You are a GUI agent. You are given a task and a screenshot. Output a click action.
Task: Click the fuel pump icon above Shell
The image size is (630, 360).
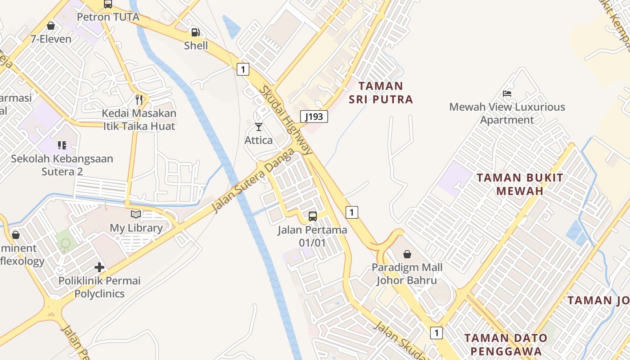(x=196, y=32)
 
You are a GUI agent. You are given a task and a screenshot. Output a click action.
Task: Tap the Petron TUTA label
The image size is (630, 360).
(x=108, y=17)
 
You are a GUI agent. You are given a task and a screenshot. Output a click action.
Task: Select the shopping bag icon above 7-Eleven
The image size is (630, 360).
(x=51, y=26)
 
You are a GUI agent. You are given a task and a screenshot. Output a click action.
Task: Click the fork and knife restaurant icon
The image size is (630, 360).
(x=139, y=99)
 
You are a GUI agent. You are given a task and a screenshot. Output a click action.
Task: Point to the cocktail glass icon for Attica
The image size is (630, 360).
(x=259, y=127)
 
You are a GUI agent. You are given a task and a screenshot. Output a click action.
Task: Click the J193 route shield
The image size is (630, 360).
(x=314, y=117)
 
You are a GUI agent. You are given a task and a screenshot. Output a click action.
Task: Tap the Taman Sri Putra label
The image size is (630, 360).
(x=381, y=92)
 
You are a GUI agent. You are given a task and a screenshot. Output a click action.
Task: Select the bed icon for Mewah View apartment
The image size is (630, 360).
(x=507, y=94)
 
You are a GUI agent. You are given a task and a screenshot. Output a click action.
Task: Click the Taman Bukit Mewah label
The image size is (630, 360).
(x=520, y=184)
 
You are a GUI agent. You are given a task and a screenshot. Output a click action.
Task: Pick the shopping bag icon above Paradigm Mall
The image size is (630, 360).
(x=407, y=254)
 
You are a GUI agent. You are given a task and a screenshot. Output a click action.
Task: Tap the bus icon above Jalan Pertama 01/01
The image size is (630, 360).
(x=313, y=216)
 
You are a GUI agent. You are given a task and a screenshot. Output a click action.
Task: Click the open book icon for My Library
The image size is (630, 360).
(x=136, y=215)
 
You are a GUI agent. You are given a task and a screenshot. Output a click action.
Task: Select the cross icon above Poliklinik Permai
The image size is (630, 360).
(x=99, y=268)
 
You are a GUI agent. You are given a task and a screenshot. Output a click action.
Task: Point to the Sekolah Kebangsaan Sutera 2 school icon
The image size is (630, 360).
(x=62, y=145)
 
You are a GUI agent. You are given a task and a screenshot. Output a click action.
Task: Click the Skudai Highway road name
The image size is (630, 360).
(x=286, y=120)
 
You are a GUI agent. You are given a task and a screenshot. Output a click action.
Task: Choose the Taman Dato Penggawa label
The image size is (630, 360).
(x=506, y=344)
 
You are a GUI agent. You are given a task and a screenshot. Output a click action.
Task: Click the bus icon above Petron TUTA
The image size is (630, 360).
(x=108, y=4)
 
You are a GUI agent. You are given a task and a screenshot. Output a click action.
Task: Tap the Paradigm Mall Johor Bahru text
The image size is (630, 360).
(x=407, y=274)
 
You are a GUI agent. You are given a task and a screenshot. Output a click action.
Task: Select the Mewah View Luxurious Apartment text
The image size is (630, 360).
(x=507, y=113)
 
